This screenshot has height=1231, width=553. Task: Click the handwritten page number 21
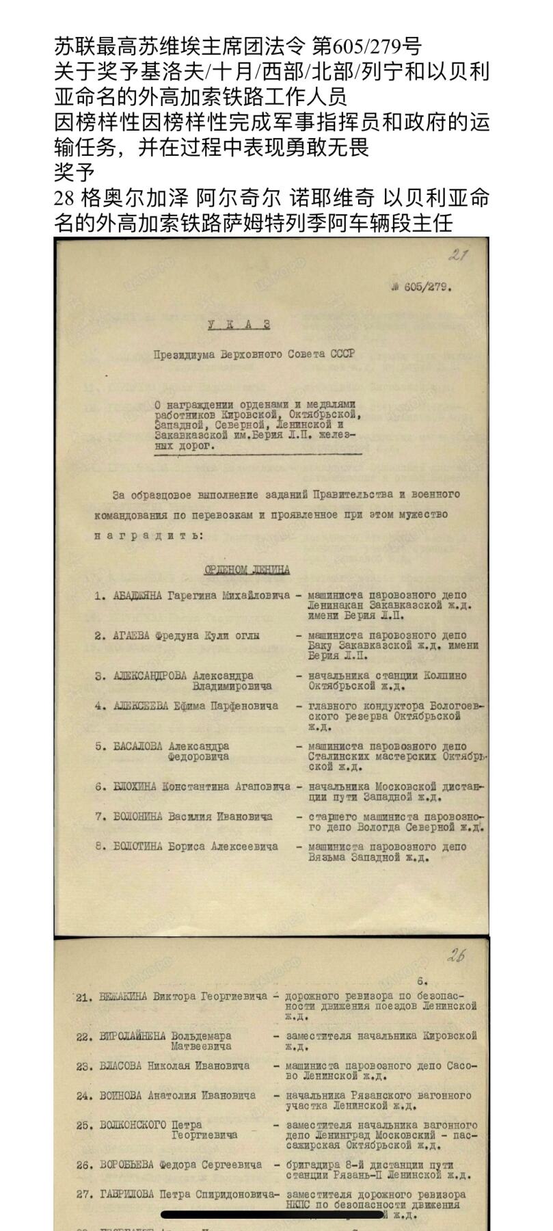point(458,256)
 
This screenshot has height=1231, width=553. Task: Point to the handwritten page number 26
point(455,955)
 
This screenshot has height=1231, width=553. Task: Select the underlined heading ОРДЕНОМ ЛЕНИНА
point(247,570)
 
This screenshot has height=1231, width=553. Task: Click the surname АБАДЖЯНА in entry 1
point(137,596)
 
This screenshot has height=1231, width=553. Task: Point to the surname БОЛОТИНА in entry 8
point(138,847)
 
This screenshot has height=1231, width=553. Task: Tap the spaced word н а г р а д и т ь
point(148,536)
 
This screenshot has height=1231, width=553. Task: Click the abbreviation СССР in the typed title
point(341,354)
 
